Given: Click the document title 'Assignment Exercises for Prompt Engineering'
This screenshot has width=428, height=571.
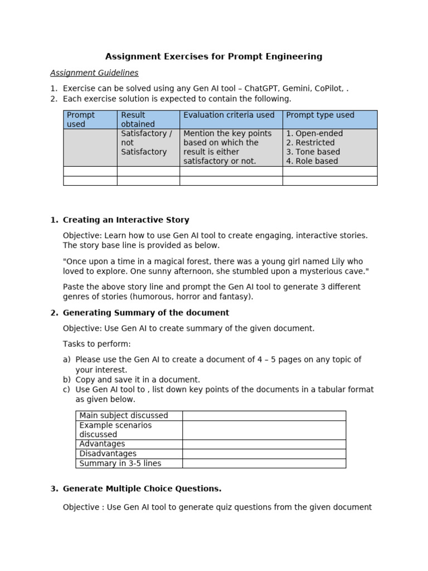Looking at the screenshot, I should click(214, 56).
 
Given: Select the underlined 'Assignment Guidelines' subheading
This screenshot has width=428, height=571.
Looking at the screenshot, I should click(94, 73).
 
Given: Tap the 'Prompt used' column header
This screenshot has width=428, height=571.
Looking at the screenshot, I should click(81, 119).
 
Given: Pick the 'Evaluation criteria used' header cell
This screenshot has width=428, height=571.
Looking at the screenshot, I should click(229, 115).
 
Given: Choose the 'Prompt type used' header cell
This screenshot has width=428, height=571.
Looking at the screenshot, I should click(320, 115).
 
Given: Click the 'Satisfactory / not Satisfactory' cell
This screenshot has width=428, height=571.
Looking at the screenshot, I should click(147, 143).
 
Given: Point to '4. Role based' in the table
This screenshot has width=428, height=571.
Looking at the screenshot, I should click(312, 161).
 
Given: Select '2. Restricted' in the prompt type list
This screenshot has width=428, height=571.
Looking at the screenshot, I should click(310, 143).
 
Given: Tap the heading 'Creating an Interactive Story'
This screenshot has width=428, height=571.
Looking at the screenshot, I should click(126, 220).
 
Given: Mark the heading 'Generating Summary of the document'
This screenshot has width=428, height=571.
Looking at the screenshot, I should click(146, 313).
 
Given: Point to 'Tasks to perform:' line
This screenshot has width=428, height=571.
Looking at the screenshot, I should click(97, 344).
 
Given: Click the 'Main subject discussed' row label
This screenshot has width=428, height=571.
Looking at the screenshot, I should click(124, 415).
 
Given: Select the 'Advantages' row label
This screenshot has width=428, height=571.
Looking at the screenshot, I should click(103, 444).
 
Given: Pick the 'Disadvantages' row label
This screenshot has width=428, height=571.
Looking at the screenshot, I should click(108, 454).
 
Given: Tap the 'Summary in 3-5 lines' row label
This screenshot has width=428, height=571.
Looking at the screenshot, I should click(120, 463).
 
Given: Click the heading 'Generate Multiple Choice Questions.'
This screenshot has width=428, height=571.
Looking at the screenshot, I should click(142, 488).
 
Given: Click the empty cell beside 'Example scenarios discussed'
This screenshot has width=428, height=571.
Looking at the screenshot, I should click(264, 430).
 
